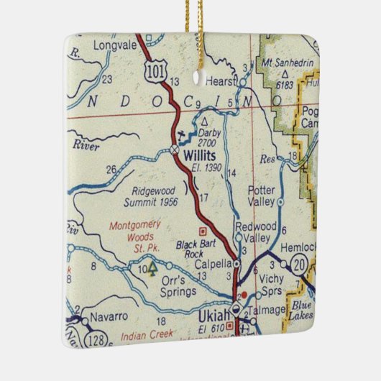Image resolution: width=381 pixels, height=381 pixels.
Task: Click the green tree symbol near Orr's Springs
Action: pyautogui.click(x=152, y=269)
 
